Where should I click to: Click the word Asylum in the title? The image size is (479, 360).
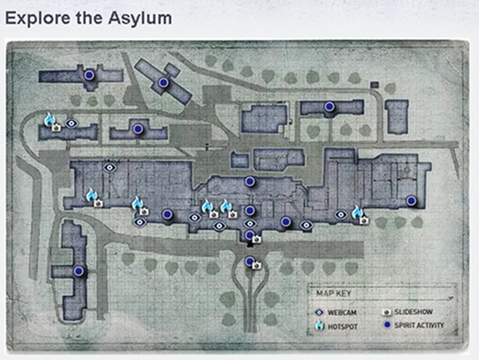tap(140, 19)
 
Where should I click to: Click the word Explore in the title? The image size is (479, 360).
tap(37, 18)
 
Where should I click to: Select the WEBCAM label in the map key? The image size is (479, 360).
tap(342, 313)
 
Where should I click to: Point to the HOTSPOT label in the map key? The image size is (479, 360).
tap(343, 327)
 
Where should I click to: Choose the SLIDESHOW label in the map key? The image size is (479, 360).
tap(413, 312)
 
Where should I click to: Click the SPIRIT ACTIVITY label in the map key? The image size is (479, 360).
tap(419, 325)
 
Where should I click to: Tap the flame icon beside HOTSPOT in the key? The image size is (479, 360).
tap(320, 325)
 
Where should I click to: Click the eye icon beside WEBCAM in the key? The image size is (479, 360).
tap(319, 313)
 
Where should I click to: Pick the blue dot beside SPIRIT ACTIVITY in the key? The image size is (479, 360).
tap(387, 325)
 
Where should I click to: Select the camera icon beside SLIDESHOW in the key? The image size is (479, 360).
tap(387, 313)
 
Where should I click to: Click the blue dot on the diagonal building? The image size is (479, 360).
tap(164, 82)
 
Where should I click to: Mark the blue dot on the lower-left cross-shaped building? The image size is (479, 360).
tap(79, 271)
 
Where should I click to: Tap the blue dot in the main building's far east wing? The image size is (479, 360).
tap(412, 201)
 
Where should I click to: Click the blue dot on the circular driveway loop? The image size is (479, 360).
tap(249, 261)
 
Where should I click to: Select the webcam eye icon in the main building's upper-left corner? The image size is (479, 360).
tap(110, 167)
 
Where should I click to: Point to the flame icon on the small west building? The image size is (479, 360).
tap(49, 119)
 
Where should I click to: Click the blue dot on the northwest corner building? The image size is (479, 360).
tap(88, 75)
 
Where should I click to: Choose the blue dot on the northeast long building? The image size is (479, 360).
tap(330, 106)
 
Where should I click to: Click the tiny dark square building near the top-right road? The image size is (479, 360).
tap(374, 85)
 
